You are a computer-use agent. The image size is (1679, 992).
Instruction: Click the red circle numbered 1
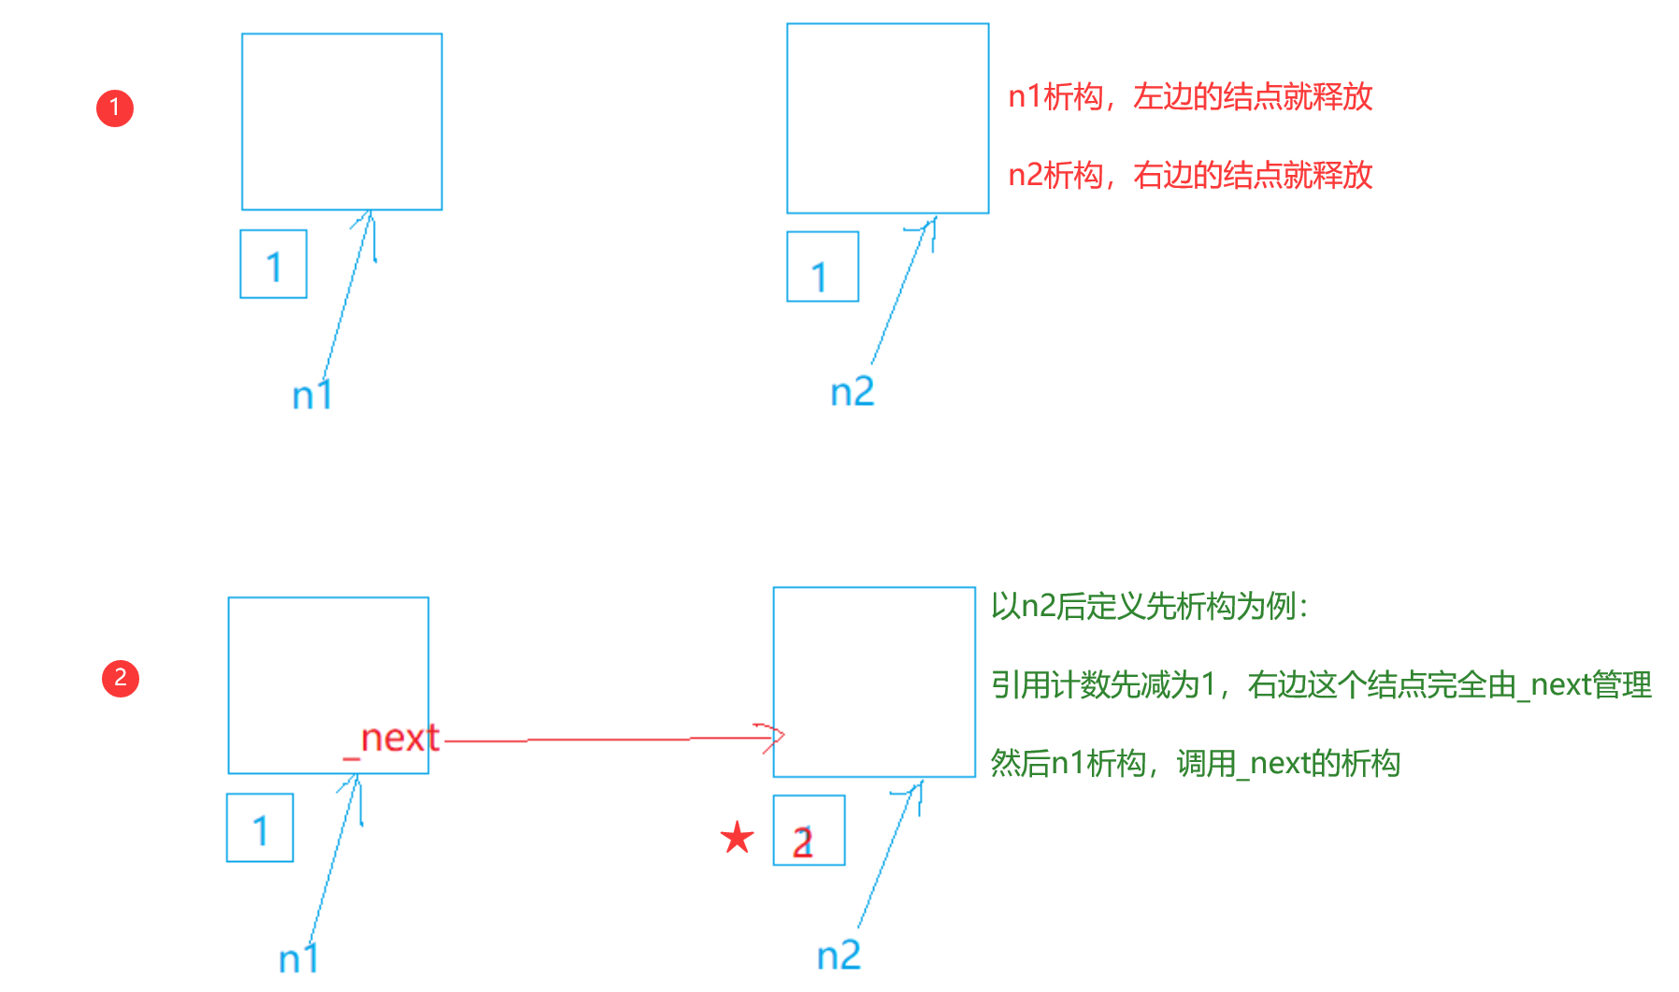click(115, 108)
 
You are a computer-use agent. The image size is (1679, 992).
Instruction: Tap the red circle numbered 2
click(121, 678)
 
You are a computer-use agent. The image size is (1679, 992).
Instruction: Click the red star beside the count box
click(737, 837)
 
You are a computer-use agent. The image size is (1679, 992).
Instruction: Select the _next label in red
click(392, 739)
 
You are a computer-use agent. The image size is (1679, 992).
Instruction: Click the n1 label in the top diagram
click(312, 395)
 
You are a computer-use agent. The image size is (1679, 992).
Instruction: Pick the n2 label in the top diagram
click(852, 391)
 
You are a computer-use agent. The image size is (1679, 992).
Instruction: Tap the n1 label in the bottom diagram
click(299, 958)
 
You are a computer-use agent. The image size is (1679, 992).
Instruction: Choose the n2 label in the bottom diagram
click(839, 955)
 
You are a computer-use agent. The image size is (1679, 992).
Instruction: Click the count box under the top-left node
click(273, 265)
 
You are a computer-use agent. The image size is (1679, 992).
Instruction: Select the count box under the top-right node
click(822, 266)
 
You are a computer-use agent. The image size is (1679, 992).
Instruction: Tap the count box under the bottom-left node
click(260, 827)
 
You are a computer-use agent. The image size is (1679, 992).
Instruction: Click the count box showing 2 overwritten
click(809, 830)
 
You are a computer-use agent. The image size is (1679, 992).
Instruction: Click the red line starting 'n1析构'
click(1189, 96)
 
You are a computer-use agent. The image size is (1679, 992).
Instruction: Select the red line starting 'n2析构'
click(1189, 175)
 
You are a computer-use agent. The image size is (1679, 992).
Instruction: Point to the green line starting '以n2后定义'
click(1149, 606)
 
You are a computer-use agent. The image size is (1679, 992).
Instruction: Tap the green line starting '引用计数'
click(1320, 684)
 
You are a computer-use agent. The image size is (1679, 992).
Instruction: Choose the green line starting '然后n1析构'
click(1195, 763)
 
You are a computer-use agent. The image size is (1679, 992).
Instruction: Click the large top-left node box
click(341, 122)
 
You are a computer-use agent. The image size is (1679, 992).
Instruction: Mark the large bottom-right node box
click(874, 682)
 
